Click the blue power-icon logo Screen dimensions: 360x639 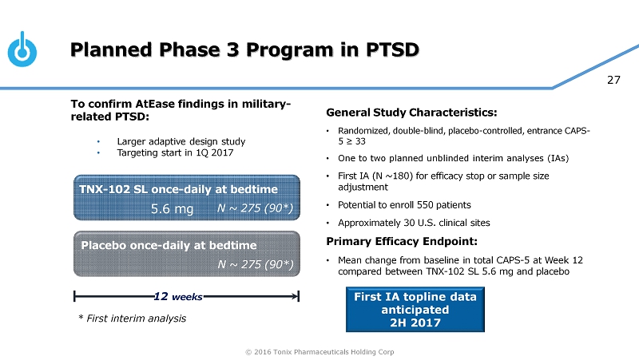click(x=23, y=50)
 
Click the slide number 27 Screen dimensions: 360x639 click(x=613, y=80)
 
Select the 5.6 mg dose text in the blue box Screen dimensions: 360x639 click(x=173, y=209)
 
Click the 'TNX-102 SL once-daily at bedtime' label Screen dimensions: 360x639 click(x=179, y=189)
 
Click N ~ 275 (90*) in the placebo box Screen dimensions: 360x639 click(x=256, y=263)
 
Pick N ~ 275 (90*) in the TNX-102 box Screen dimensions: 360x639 click(x=256, y=209)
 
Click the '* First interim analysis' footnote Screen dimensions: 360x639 click(x=129, y=318)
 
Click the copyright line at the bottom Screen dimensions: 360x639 click(x=319, y=352)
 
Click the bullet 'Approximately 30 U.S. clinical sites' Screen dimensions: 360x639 click(x=419, y=223)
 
